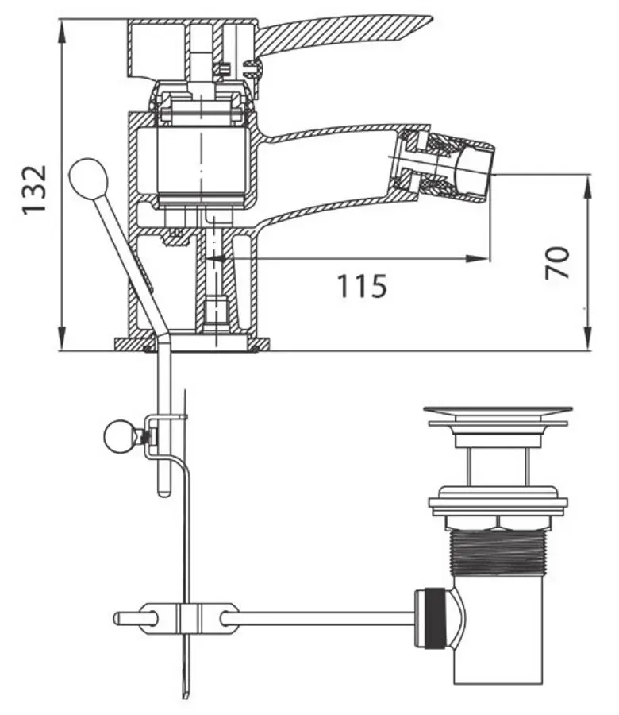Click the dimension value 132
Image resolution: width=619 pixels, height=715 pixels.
click(34, 188)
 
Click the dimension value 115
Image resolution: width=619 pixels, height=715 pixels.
click(362, 285)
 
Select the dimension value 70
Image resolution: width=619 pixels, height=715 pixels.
click(559, 261)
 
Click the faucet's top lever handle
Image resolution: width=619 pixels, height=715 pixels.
click(341, 32)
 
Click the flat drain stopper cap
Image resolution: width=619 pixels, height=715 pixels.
click(498, 412)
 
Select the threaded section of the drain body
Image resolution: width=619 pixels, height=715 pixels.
click(498, 553)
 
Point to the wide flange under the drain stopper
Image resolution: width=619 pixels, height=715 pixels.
click(498, 503)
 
